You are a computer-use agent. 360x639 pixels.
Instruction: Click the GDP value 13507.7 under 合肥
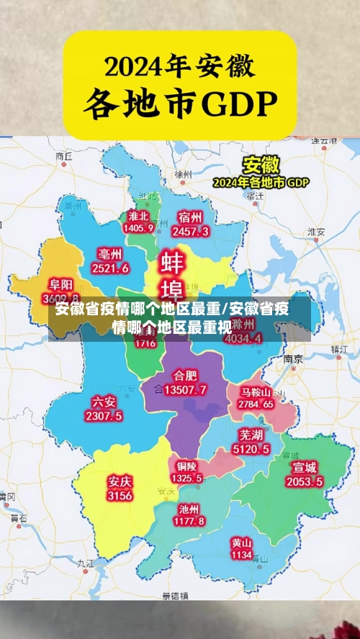click(185, 390)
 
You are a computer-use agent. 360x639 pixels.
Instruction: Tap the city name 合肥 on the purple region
click(185, 376)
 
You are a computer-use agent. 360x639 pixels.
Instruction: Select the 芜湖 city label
click(251, 435)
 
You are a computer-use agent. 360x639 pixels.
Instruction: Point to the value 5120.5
click(251, 449)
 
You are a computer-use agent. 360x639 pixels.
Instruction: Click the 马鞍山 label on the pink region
click(256, 392)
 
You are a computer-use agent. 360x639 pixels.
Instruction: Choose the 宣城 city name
click(304, 468)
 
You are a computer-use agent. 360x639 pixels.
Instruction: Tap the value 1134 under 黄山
click(241, 555)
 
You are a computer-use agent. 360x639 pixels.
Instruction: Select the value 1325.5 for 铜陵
click(186, 478)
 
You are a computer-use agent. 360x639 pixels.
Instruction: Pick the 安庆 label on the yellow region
click(120, 481)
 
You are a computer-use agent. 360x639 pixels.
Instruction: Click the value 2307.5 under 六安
click(104, 416)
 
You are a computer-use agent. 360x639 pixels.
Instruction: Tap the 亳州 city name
click(110, 254)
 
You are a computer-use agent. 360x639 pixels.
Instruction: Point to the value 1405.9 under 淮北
click(138, 228)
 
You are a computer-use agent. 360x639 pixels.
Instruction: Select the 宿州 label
click(191, 217)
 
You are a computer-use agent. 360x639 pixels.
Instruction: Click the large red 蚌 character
click(173, 261)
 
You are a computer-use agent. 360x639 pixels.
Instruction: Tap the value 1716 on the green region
click(145, 343)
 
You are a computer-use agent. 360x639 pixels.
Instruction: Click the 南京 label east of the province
click(292, 358)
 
